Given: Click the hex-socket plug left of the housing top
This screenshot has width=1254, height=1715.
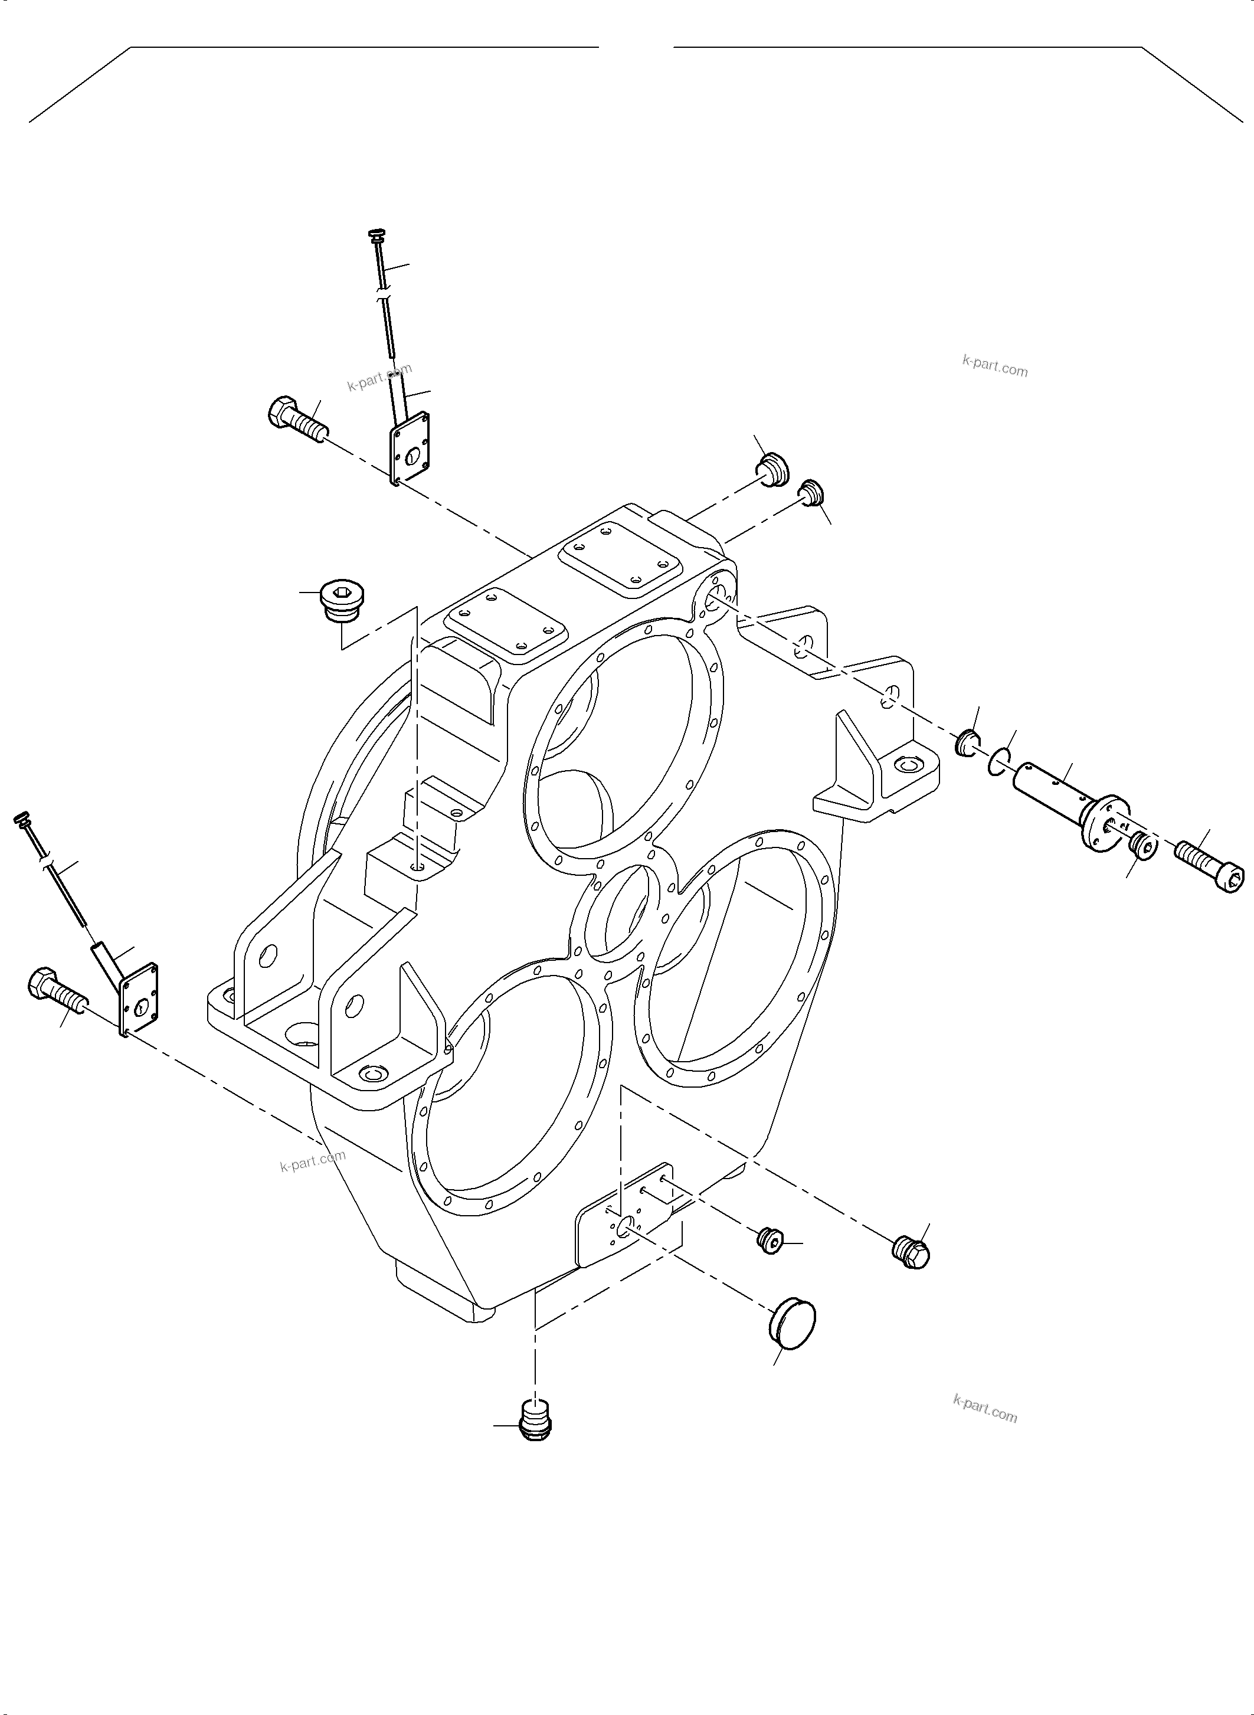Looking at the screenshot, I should click(343, 599).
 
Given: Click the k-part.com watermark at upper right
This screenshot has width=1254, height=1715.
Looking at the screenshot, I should click(994, 368).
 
